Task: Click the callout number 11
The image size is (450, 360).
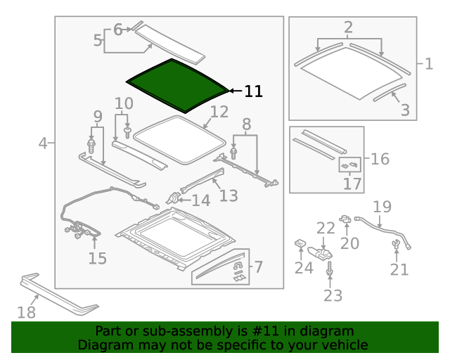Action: pyautogui.click(x=253, y=91)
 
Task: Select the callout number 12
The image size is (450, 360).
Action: pyautogui.click(x=219, y=112)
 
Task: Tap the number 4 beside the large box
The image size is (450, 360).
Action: pyautogui.click(x=43, y=143)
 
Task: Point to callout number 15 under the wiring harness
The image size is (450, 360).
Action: pyautogui.click(x=97, y=258)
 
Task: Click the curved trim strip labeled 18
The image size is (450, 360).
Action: pyautogui.click(x=56, y=292)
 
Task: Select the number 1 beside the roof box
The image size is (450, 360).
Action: pyautogui.click(x=429, y=65)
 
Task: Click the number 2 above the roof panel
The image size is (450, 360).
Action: pyautogui.click(x=348, y=28)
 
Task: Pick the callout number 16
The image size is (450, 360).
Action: pyautogui.click(x=380, y=159)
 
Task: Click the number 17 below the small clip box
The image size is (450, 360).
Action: pyautogui.click(x=352, y=184)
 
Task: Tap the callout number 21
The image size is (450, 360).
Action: pyautogui.click(x=399, y=269)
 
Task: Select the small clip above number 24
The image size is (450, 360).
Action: pyautogui.click(x=299, y=243)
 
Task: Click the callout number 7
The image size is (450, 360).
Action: pyautogui.click(x=257, y=267)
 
